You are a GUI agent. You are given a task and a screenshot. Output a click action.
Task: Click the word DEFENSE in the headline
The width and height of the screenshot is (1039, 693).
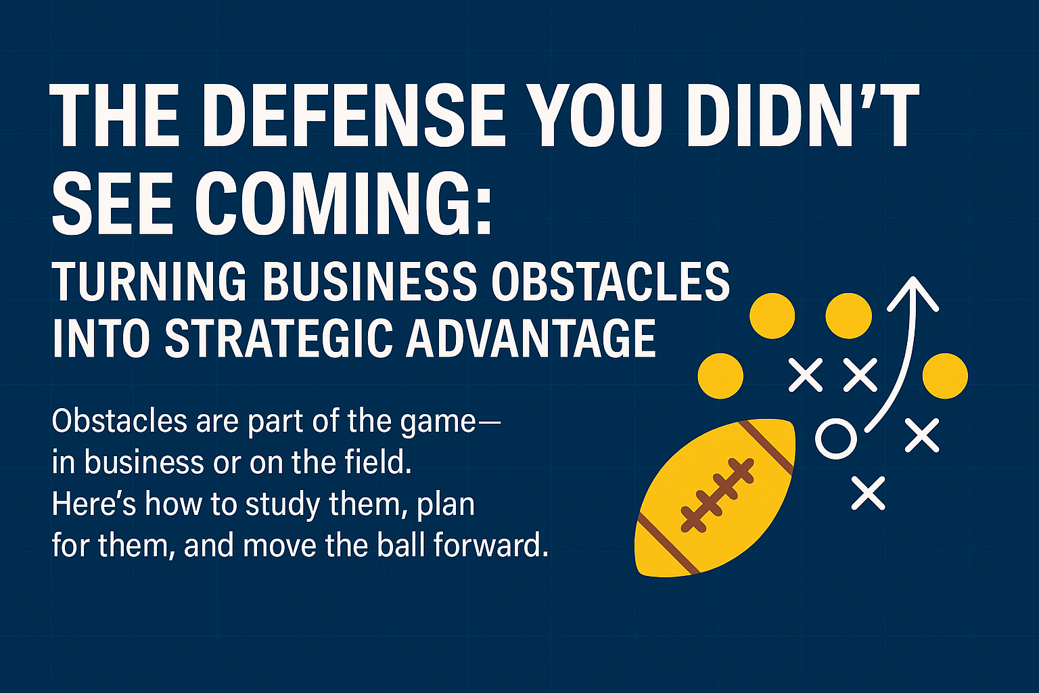coord(360,115)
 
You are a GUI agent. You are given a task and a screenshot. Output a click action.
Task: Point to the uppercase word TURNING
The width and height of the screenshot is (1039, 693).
coord(149,282)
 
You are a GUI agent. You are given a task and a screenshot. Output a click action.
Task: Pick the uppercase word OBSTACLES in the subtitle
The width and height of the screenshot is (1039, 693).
coord(611,282)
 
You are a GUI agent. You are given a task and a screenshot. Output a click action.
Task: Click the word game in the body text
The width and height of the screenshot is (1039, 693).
coord(438,423)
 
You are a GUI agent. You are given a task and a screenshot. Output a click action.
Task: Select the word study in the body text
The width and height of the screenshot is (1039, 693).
coord(283,505)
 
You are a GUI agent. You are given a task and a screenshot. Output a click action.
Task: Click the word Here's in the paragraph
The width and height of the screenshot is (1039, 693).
coord(94,504)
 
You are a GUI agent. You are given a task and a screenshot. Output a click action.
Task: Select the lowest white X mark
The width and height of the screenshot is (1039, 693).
coord(868,493)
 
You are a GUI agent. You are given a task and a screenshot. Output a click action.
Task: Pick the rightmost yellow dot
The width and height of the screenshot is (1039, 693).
coord(945,376)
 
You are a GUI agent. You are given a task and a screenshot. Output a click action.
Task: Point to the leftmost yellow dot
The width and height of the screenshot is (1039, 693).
coord(720,376)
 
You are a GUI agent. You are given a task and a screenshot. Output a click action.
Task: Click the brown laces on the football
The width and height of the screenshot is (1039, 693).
coord(716,495)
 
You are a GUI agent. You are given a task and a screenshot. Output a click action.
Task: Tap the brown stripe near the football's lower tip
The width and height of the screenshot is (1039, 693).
coord(667,543)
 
